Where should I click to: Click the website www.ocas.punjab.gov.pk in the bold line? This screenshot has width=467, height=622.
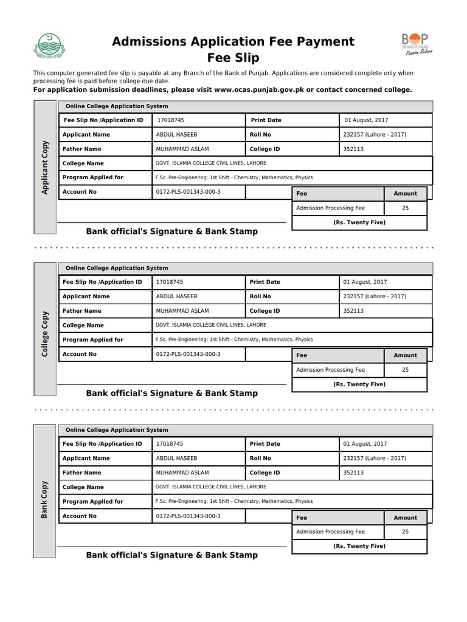(x=258, y=89)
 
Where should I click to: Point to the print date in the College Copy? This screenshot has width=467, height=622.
(x=365, y=282)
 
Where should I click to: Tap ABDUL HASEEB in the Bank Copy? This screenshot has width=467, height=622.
(x=175, y=459)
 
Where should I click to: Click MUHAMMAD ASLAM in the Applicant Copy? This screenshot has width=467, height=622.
(x=182, y=149)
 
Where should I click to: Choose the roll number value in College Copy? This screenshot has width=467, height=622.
(x=374, y=296)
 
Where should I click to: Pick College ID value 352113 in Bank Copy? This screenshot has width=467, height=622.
(x=353, y=473)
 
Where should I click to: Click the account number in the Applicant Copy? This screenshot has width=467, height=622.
(x=188, y=192)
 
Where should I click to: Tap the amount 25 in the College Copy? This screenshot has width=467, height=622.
(x=405, y=370)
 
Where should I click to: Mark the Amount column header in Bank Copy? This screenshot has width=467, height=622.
(x=405, y=518)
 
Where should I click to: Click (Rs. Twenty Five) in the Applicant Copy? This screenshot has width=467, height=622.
(x=359, y=222)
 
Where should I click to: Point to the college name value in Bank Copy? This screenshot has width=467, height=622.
(x=210, y=487)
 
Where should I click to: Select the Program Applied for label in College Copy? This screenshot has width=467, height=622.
(x=92, y=340)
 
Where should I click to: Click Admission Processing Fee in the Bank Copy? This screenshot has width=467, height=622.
(x=330, y=532)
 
